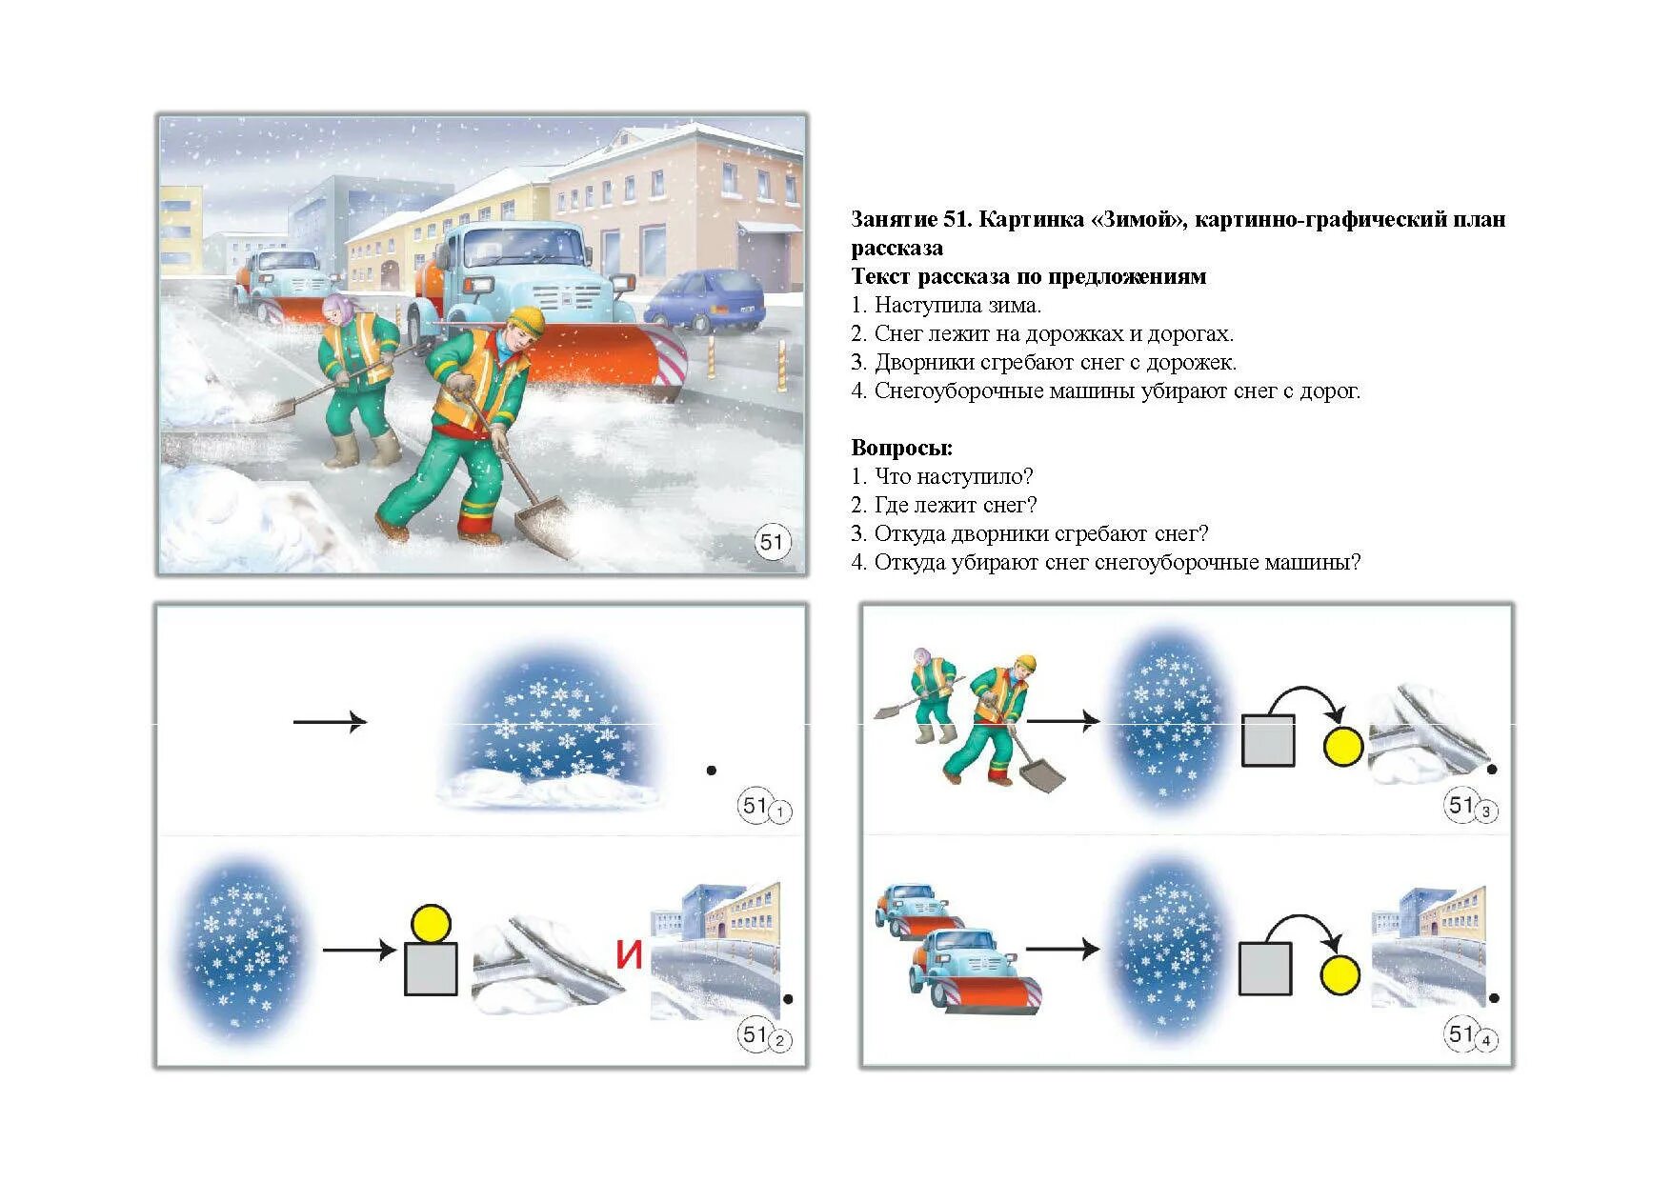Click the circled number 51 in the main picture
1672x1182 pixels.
point(772,543)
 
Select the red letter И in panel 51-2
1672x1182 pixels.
point(629,955)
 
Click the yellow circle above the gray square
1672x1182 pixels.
point(431,923)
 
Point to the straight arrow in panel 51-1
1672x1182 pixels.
point(330,722)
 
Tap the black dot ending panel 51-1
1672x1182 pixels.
point(711,770)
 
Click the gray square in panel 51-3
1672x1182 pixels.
point(1268,740)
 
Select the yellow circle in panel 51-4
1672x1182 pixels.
point(1340,975)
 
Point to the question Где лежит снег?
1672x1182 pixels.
point(955,506)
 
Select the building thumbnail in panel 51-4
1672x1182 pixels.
point(1429,948)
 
